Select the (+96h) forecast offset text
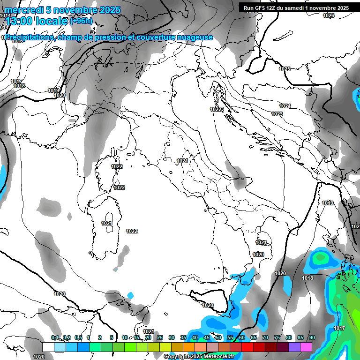(81, 21)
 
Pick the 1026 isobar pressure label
(329, 16)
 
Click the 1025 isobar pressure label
(285, 69)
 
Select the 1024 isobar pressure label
(285, 106)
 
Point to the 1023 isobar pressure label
(277, 114)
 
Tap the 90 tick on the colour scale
(312, 338)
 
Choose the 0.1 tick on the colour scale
(55, 338)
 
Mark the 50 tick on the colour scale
(218, 338)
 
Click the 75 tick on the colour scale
(277, 338)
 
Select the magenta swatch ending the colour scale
(306, 347)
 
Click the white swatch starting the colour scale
(48, 347)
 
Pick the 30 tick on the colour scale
(171, 338)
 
